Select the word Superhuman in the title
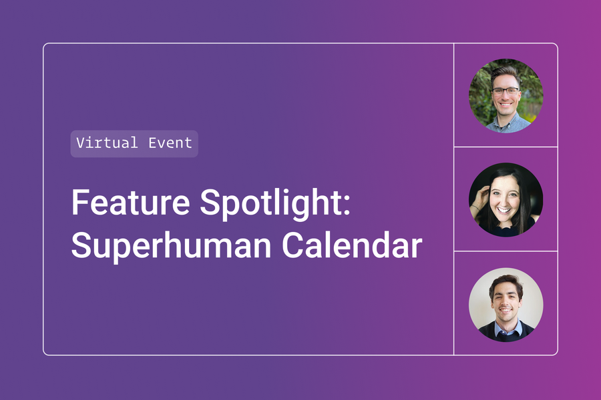tap(170, 245)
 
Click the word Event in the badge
tap(171, 143)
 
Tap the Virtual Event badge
tap(134, 143)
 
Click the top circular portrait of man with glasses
tap(506, 95)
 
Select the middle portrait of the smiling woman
tap(506, 199)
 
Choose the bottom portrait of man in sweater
tap(506, 304)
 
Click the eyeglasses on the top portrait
tap(506, 90)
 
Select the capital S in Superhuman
tap(81, 245)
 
